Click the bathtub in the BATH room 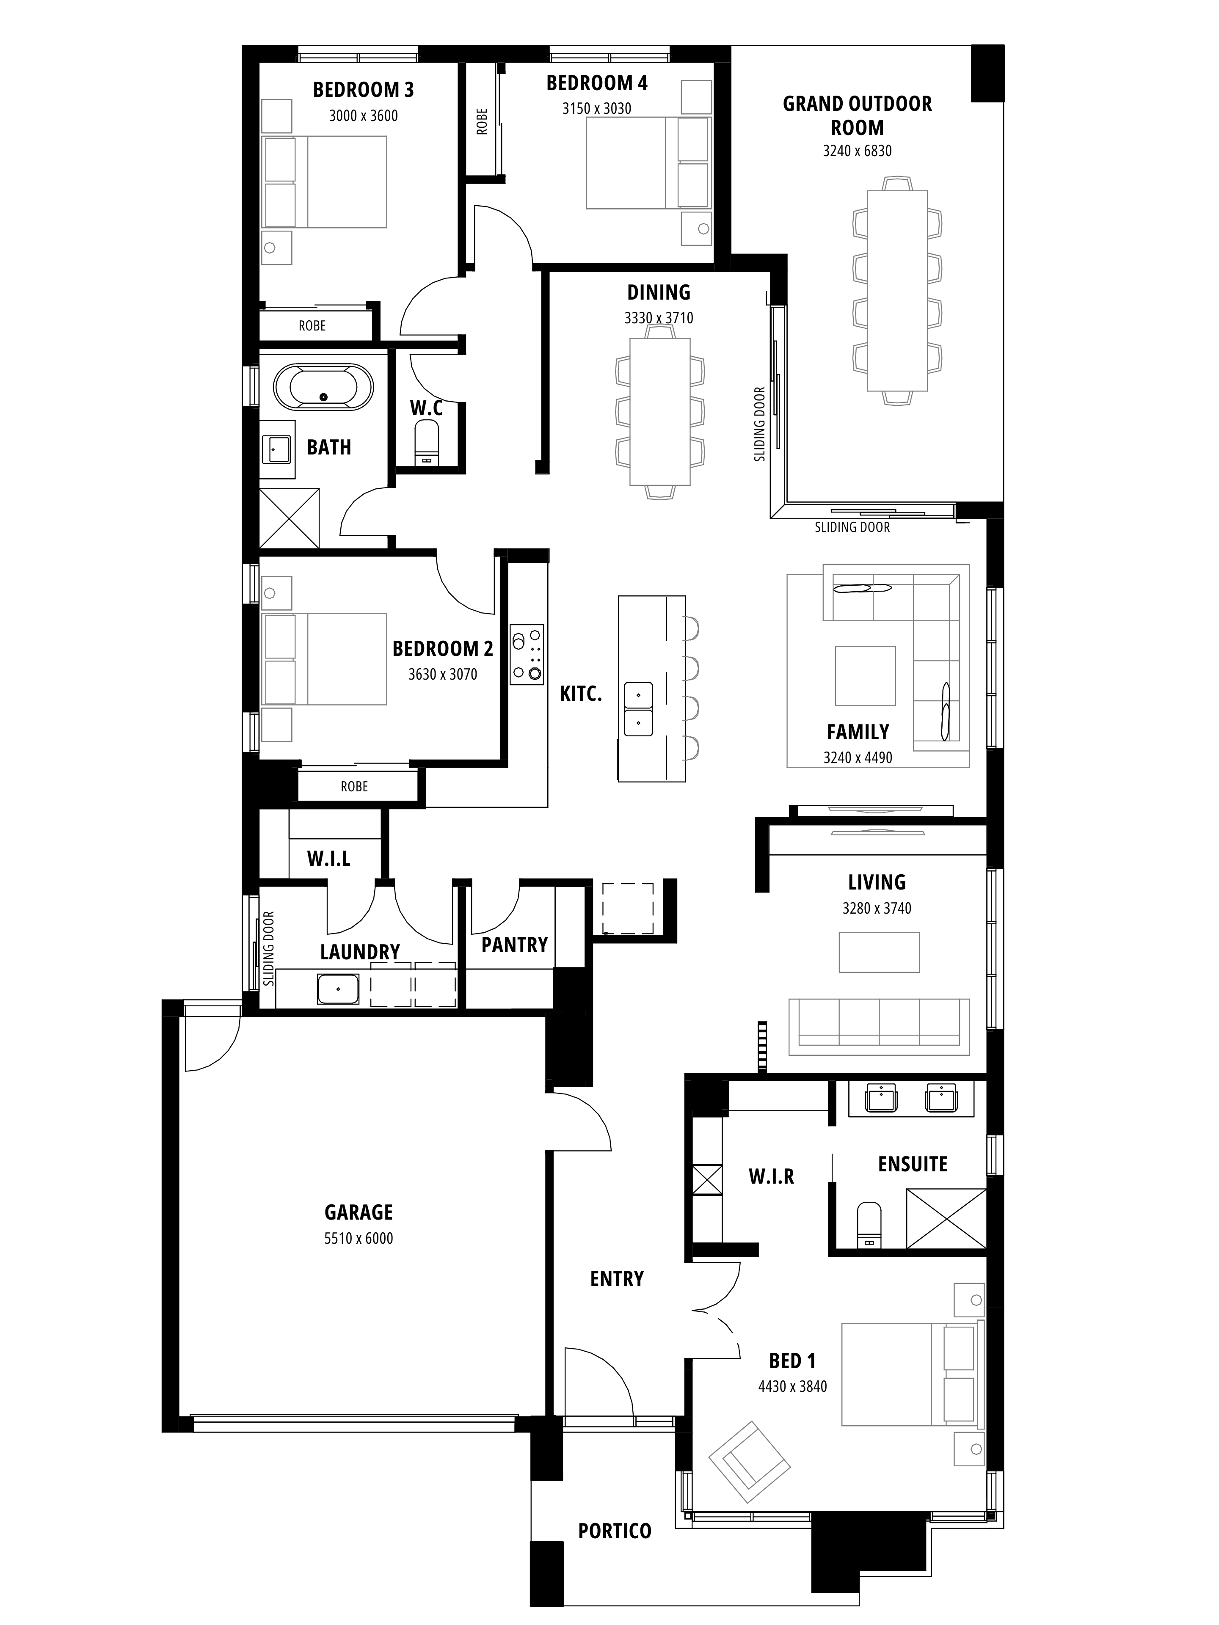[323, 386]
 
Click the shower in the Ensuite [946, 1218]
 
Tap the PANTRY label [514, 945]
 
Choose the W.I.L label [328, 858]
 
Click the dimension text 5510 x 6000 [359, 1239]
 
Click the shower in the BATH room [290, 518]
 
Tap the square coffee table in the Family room [865, 675]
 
